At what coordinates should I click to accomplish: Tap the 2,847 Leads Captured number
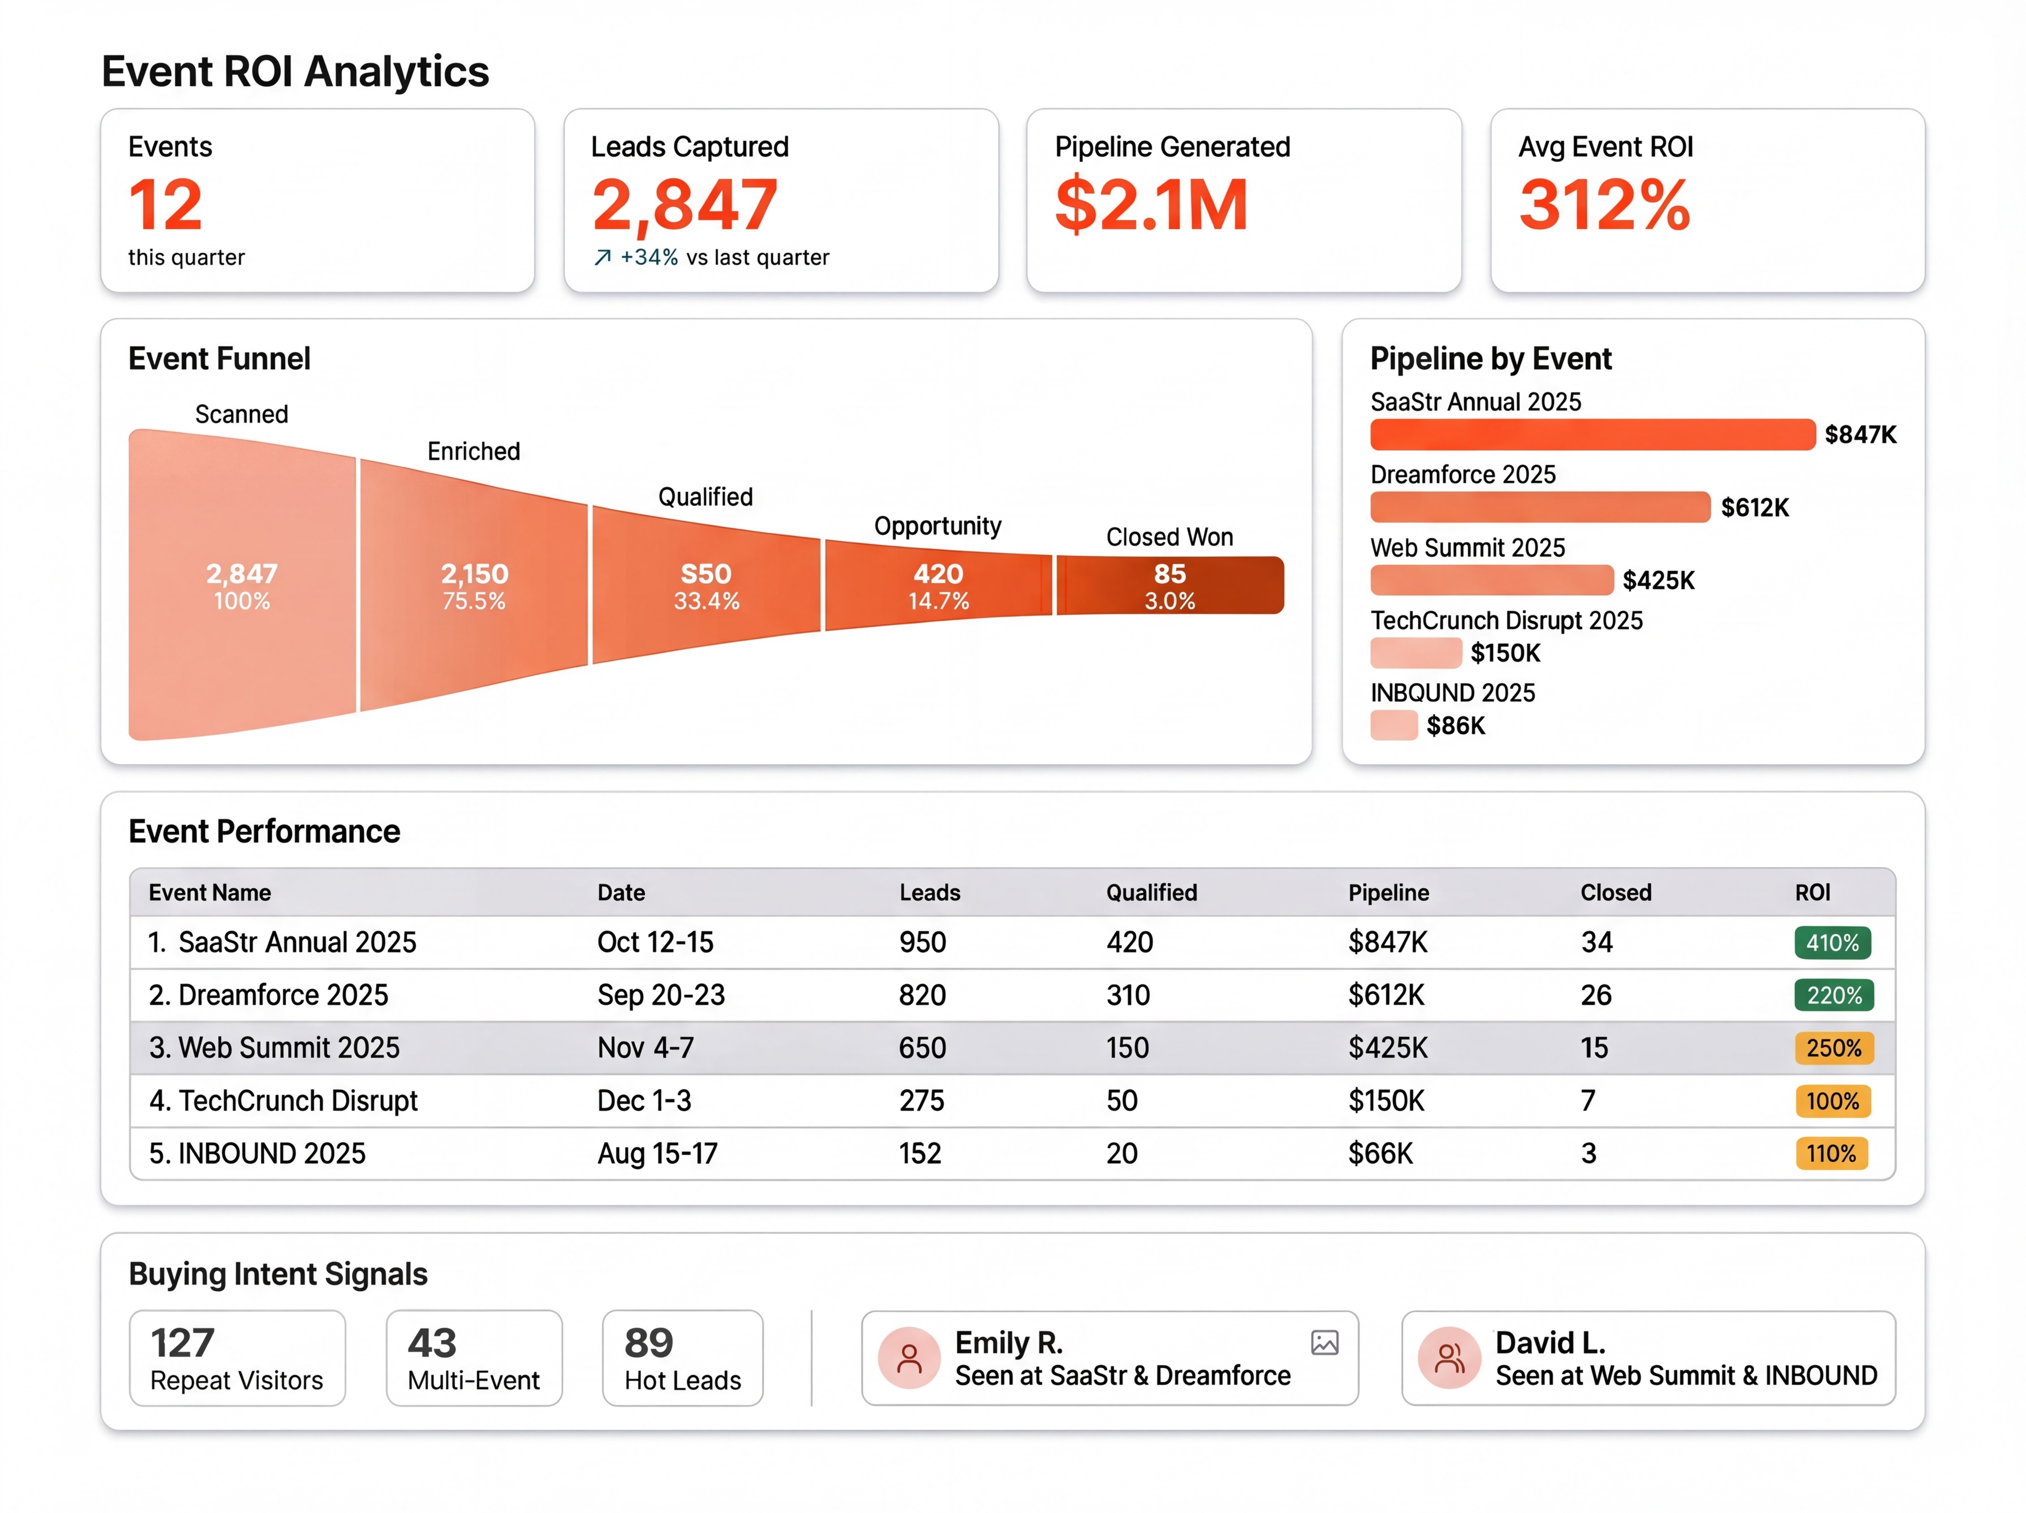click(685, 204)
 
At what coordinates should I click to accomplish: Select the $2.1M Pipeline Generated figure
click(1151, 204)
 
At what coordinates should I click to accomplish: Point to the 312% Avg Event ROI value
click(1604, 204)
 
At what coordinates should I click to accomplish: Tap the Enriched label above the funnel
click(473, 452)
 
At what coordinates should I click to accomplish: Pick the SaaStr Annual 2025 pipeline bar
click(1591, 434)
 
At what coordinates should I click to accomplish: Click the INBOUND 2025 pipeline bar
click(1393, 725)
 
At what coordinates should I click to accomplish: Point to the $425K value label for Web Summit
click(1658, 580)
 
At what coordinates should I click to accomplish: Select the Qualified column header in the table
click(1151, 893)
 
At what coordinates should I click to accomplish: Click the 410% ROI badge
click(1832, 942)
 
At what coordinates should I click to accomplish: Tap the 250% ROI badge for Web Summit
click(1833, 1048)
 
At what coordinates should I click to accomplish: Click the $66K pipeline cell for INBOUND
click(1380, 1153)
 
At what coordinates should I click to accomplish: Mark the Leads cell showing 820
click(922, 995)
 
